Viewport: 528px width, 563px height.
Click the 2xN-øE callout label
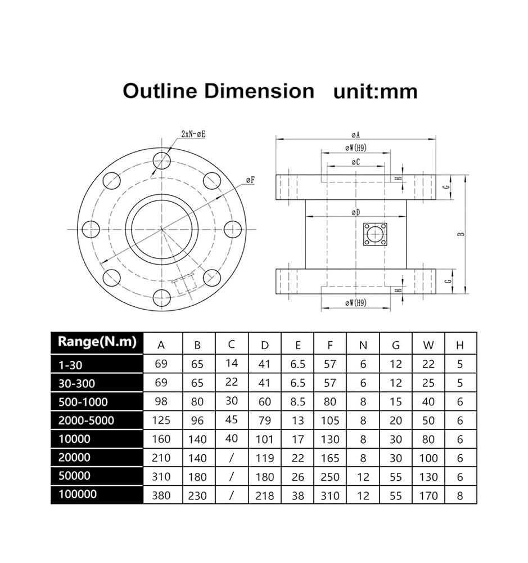[193, 135]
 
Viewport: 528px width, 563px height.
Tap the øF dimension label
[250, 180]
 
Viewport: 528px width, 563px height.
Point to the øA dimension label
[355, 135]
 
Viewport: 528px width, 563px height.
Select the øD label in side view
[355, 213]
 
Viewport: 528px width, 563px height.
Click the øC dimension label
[355, 162]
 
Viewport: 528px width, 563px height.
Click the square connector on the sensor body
[375, 234]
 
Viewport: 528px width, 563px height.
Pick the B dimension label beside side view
[461, 234]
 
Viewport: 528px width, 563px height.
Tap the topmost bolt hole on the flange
[162, 160]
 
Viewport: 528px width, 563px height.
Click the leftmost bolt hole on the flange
[91, 229]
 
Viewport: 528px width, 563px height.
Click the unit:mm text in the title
[376, 92]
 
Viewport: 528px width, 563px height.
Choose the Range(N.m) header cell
[97, 342]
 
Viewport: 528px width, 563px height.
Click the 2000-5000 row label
[86, 421]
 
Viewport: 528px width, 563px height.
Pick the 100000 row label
[78, 494]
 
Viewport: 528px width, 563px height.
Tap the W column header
[428, 345]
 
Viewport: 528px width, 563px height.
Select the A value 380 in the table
[161, 496]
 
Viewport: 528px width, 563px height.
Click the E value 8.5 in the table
[297, 402]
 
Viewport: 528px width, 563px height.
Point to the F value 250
[330, 477]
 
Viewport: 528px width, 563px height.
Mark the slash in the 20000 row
[231, 458]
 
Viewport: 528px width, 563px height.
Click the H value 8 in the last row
[460, 496]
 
